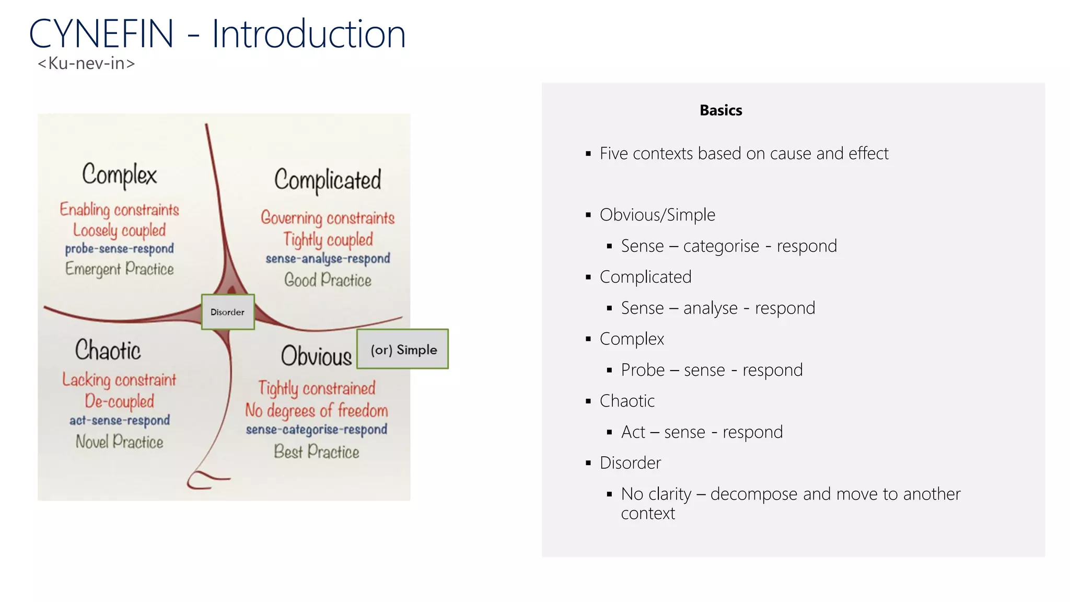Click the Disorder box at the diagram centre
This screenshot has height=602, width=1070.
click(228, 312)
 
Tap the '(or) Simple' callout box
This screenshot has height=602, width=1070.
click(403, 349)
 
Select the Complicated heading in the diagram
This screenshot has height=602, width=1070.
click(328, 180)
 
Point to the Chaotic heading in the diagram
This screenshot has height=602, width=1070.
click(108, 350)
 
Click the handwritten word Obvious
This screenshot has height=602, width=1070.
click(316, 356)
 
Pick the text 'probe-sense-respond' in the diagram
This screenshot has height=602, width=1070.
click(120, 249)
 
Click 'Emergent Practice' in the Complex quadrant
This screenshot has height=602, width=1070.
click(120, 269)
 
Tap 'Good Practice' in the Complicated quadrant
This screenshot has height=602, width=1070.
click(328, 280)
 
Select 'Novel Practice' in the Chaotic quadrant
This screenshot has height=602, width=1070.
click(120, 442)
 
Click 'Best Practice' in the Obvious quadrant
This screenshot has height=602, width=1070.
click(317, 452)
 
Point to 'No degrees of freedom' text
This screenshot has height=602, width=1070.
click(317, 411)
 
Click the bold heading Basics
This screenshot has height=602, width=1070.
click(720, 110)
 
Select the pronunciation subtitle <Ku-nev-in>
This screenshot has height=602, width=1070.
click(86, 64)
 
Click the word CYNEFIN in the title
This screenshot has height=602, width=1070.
click(101, 34)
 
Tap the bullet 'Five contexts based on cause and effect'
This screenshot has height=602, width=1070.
click(743, 154)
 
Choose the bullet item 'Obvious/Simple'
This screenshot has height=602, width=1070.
click(657, 215)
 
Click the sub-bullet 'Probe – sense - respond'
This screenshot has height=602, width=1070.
click(712, 370)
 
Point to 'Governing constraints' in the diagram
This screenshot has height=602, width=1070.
click(328, 218)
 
